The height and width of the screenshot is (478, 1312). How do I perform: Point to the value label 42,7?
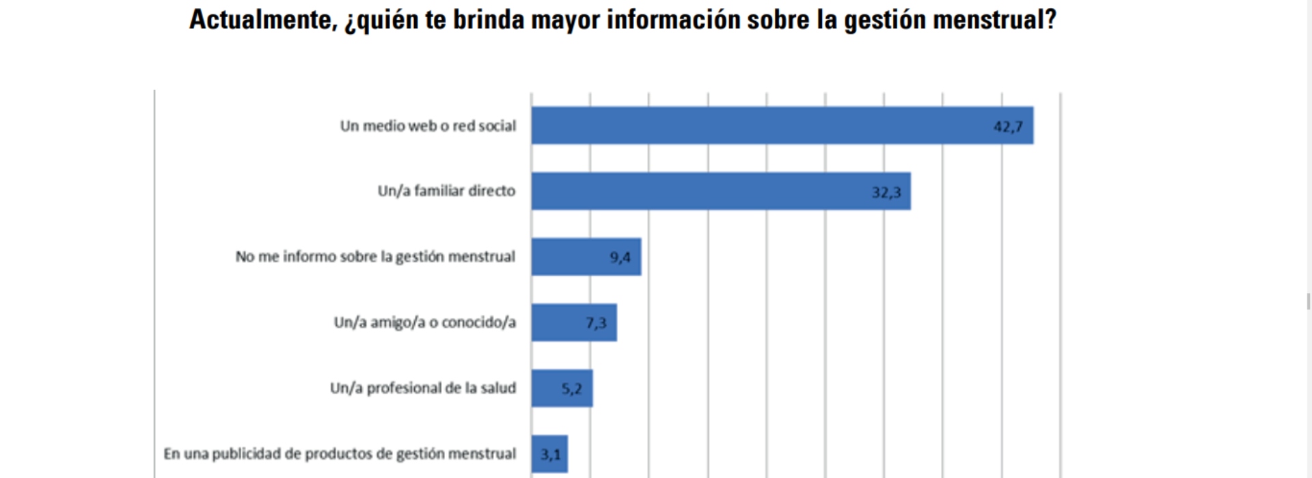[x=1008, y=126]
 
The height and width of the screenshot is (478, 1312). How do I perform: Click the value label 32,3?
[x=886, y=193]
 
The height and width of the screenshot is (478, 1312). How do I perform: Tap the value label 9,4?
[x=620, y=257]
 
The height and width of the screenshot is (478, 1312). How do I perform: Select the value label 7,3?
[x=596, y=323]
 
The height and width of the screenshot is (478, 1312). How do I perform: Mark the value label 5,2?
[x=571, y=389]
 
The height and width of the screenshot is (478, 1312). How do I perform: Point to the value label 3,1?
[x=551, y=454]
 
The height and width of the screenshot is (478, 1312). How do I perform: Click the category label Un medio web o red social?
[x=428, y=126]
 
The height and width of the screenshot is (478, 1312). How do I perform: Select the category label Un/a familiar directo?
[x=446, y=191]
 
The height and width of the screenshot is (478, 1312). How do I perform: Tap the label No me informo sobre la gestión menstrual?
[x=375, y=257]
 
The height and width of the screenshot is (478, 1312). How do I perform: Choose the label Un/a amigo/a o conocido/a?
[x=424, y=322]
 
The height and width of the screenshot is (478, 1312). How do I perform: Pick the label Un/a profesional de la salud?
[x=422, y=388]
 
